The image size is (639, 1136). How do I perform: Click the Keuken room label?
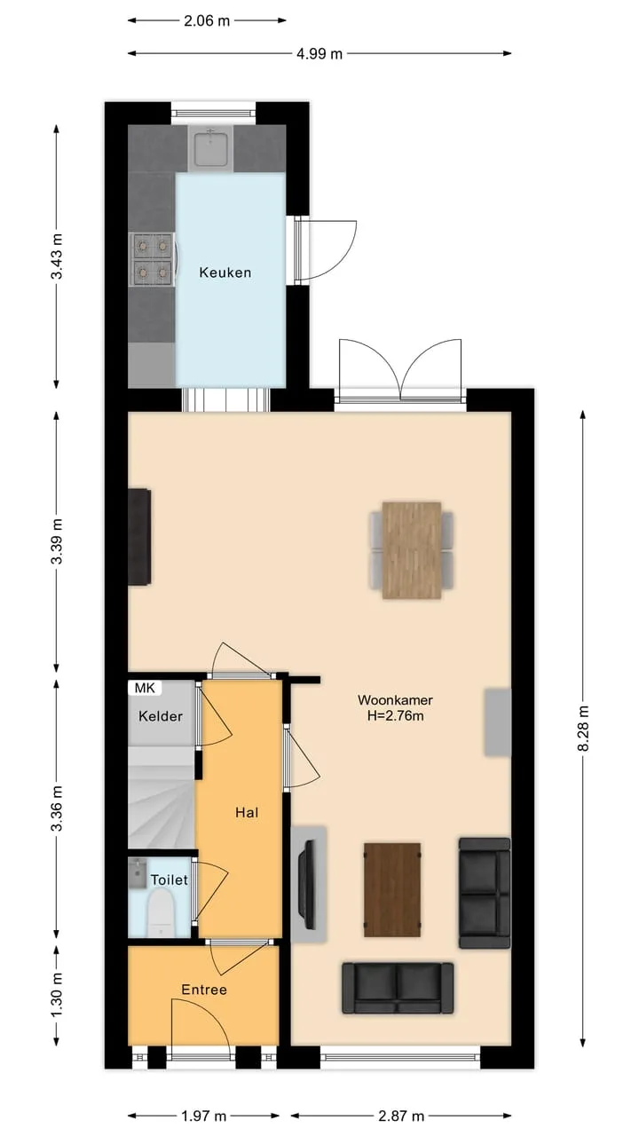(x=225, y=272)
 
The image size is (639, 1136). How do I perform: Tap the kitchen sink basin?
(x=210, y=147)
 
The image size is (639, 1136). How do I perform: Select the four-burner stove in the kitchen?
(x=152, y=259)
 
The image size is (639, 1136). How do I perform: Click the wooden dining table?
(x=411, y=549)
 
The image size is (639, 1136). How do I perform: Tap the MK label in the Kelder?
(x=145, y=688)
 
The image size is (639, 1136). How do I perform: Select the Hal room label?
(x=247, y=812)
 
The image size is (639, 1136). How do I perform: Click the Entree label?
(x=204, y=989)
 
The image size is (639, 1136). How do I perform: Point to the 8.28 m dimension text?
(x=584, y=729)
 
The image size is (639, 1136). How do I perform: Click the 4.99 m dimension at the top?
(x=319, y=53)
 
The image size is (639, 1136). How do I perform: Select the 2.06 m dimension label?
(x=207, y=20)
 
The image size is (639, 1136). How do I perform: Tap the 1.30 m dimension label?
(x=57, y=995)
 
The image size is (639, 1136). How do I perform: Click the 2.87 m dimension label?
(x=401, y=1116)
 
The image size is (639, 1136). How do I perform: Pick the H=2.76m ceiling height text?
(x=396, y=716)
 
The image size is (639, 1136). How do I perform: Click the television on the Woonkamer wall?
(x=307, y=885)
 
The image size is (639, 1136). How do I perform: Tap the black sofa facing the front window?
(x=398, y=989)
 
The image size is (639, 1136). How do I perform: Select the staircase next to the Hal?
(x=162, y=798)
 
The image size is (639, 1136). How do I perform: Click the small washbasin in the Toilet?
(x=138, y=872)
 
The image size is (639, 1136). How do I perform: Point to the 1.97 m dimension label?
(x=204, y=1116)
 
